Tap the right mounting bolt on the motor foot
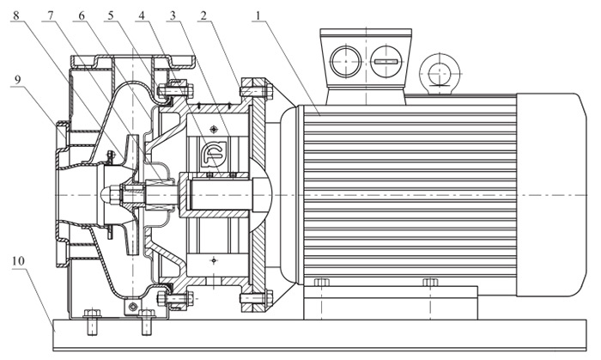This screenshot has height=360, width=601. tap(430, 284)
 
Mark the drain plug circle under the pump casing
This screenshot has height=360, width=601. tap(131, 307)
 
